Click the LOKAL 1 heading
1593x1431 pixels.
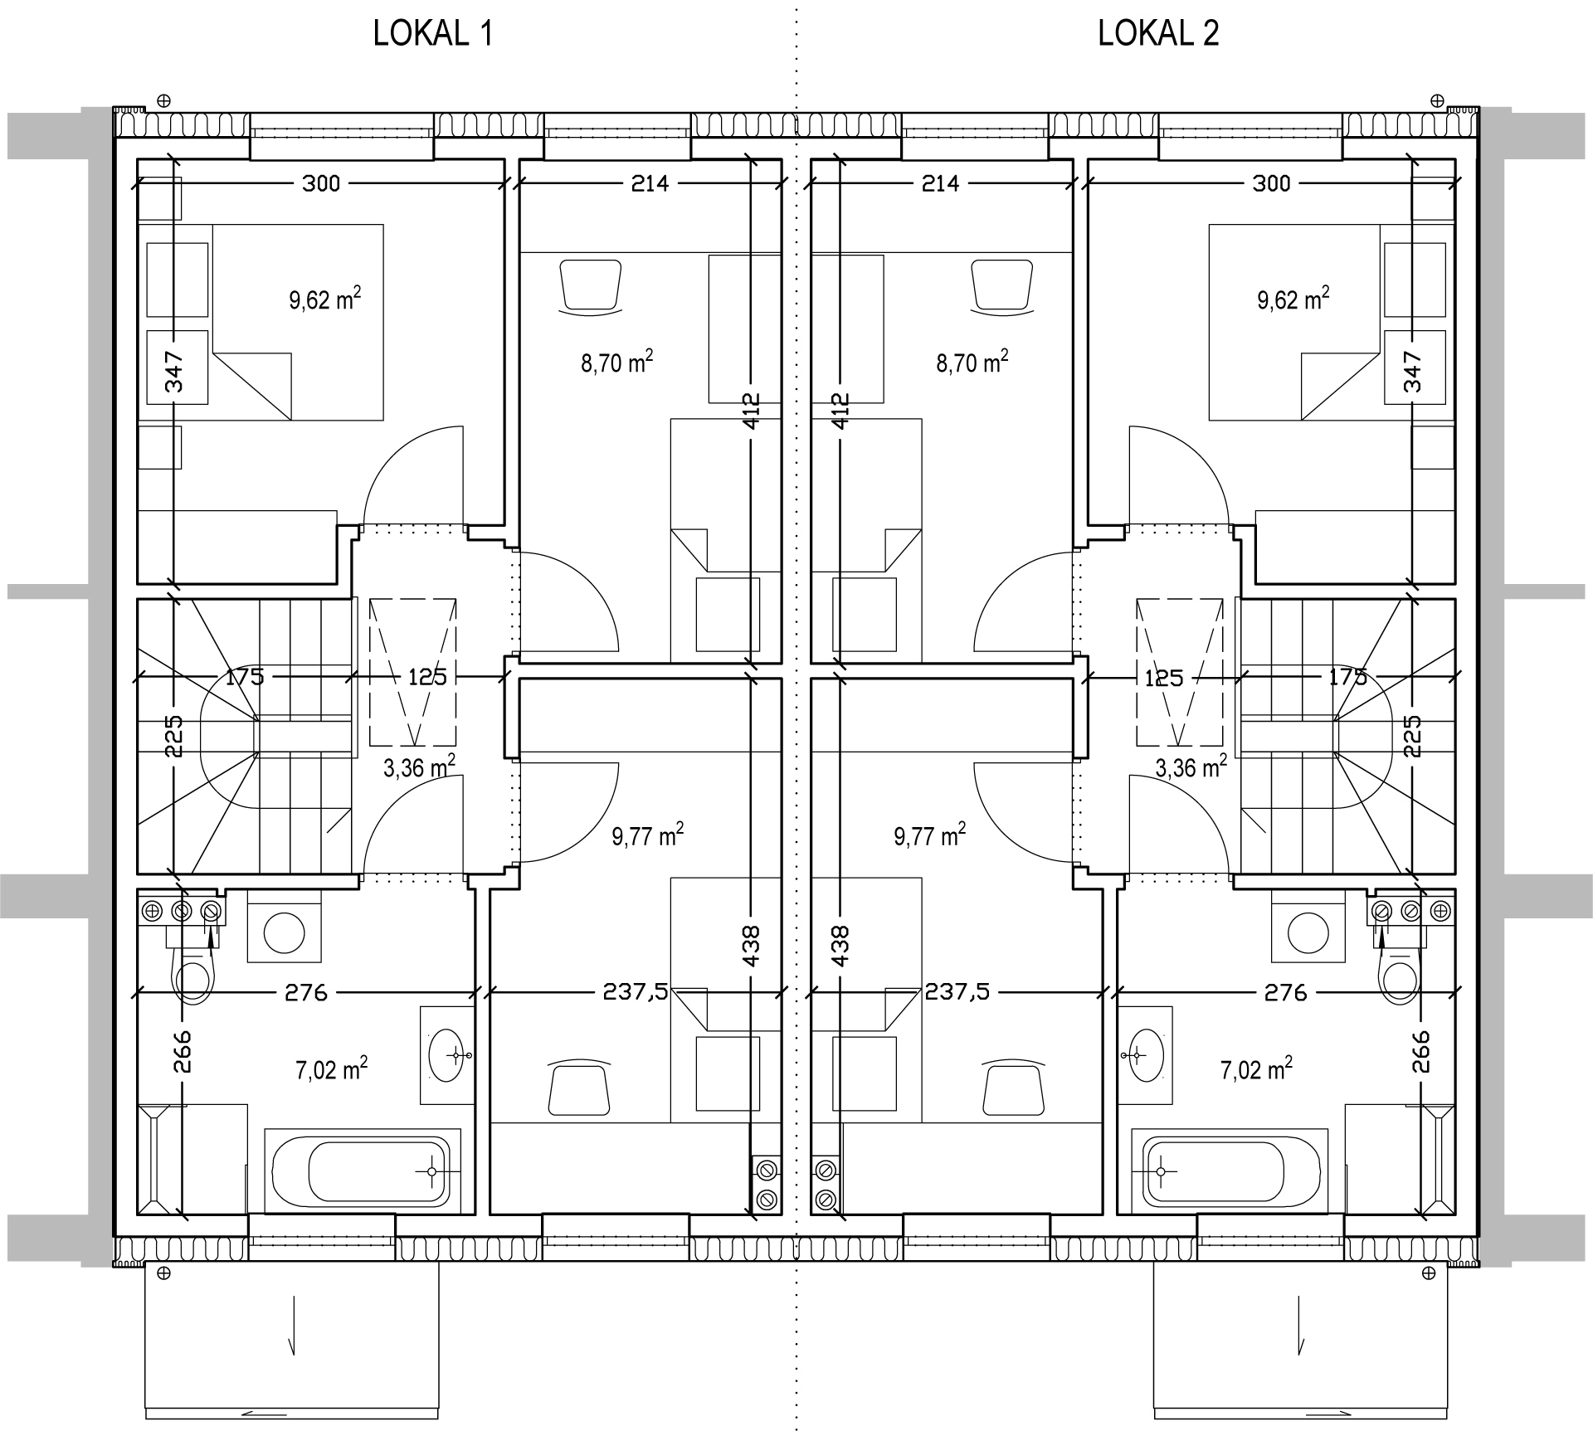[433, 34]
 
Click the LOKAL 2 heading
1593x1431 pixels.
[1158, 34]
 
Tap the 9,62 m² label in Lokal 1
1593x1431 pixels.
[325, 299]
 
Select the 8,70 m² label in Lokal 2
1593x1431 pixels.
[972, 362]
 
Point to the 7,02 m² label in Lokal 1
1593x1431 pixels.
[332, 1068]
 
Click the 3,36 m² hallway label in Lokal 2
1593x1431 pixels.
[1191, 767]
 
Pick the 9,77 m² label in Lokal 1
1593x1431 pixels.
[648, 835]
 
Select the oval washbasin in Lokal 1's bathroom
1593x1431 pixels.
[446, 1055]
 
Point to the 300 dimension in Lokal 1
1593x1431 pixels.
[321, 183]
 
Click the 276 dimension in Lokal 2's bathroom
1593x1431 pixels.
[1286, 992]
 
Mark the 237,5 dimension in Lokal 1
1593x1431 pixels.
[636, 992]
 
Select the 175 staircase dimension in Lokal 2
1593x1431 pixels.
[1347, 677]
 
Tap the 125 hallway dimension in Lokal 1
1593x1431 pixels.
[427, 677]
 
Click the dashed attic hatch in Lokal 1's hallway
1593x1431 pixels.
[413, 671]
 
